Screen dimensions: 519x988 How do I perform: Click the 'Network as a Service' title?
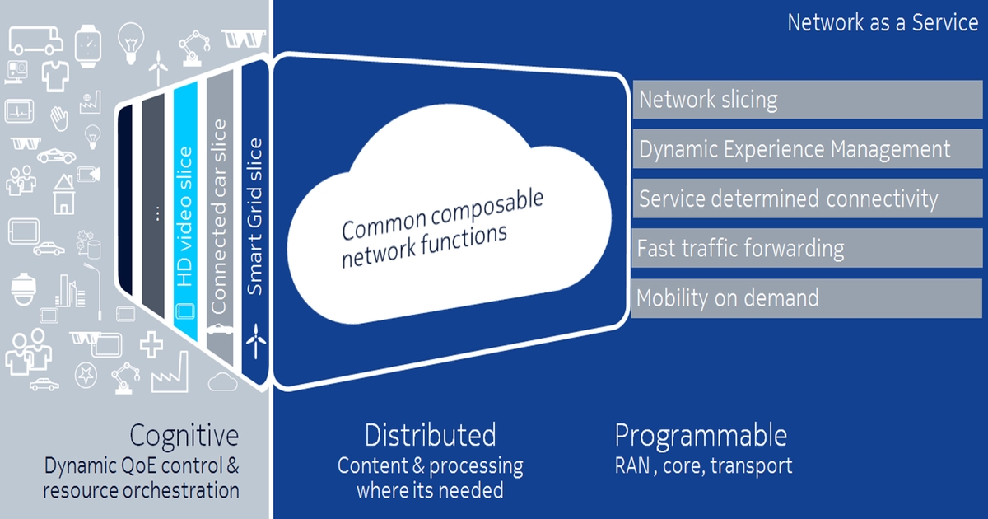[x=883, y=22]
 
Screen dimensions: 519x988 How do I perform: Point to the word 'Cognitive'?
[x=184, y=435]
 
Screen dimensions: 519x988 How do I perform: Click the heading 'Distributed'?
[x=430, y=435]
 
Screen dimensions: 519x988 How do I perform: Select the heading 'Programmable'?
[x=701, y=435]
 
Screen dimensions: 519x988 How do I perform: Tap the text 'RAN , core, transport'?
[x=703, y=465]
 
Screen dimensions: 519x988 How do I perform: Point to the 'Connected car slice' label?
[x=218, y=216]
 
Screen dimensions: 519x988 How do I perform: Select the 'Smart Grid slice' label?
[x=255, y=216]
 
